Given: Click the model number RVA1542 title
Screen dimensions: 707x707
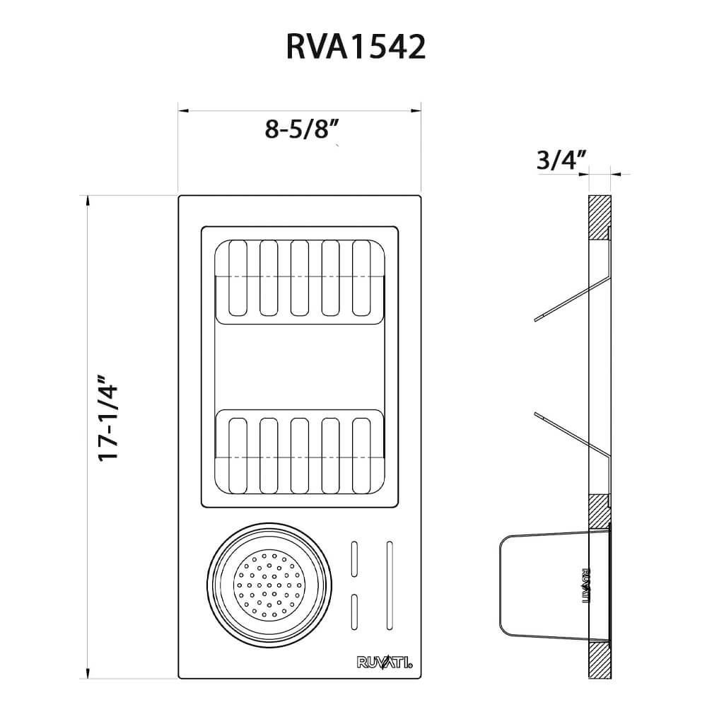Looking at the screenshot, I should (x=356, y=47).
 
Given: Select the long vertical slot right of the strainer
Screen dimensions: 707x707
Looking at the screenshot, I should (x=389, y=585).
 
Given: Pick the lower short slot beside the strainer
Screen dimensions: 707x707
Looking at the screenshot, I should (x=355, y=612).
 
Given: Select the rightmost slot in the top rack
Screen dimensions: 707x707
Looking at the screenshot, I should (x=361, y=278).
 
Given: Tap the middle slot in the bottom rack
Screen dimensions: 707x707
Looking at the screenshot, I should (x=299, y=455).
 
